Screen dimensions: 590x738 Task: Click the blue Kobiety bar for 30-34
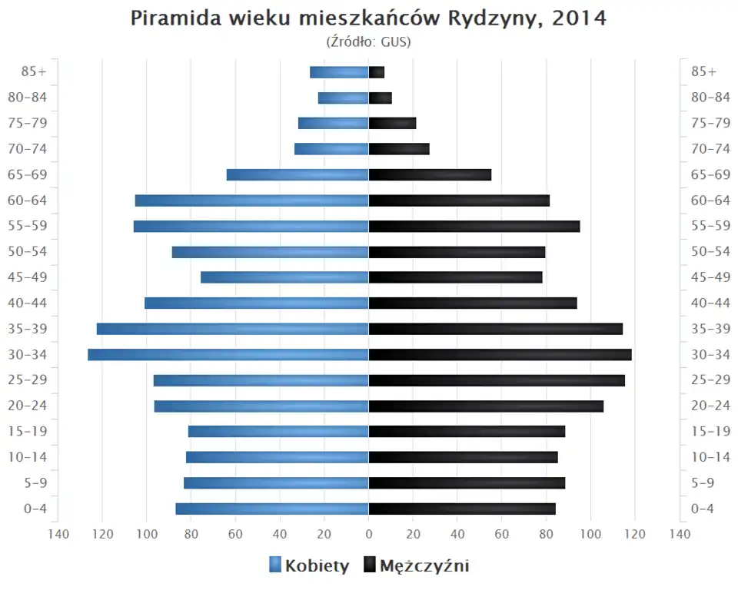click(228, 355)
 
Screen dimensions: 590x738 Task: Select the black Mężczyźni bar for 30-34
click(500, 355)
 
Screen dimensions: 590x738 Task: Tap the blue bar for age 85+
click(339, 72)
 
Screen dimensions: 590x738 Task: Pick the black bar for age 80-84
click(381, 98)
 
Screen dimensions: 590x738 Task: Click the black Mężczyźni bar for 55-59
click(474, 226)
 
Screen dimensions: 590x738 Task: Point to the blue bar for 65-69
click(298, 174)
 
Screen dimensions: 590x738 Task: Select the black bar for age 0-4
click(462, 509)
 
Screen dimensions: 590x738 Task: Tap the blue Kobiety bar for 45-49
click(284, 277)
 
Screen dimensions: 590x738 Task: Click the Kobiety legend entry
click(309, 566)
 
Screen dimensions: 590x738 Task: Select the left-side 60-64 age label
click(28, 201)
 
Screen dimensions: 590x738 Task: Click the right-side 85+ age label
click(703, 71)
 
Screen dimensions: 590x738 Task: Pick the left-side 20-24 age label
click(28, 406)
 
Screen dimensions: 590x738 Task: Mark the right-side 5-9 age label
click(703, 482)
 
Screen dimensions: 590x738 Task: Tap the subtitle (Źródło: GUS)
click(369, 41)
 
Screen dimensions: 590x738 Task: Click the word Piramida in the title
click(176, 18)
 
